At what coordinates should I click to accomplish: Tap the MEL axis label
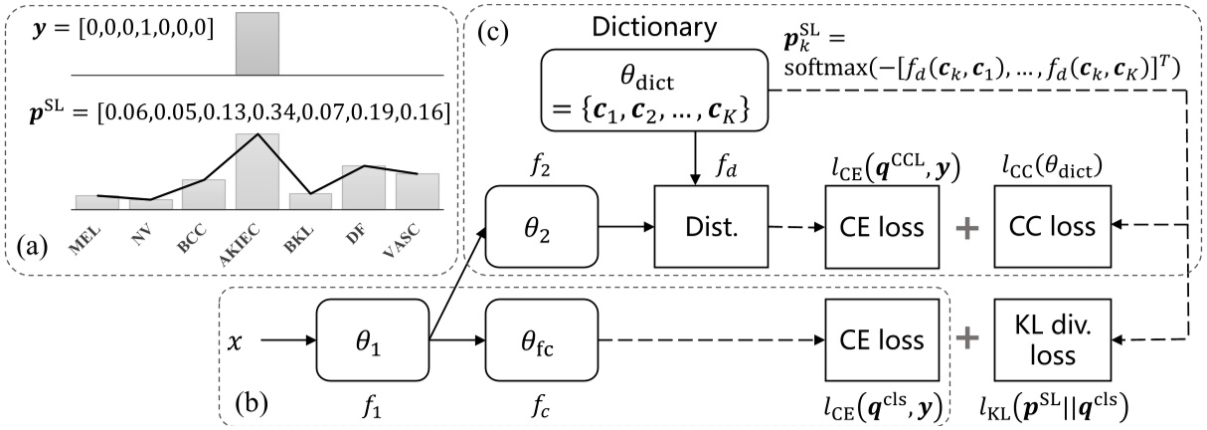point(93,239)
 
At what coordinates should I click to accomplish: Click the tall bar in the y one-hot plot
point(257,43)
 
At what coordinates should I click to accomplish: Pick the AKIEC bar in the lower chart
point(257,170)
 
